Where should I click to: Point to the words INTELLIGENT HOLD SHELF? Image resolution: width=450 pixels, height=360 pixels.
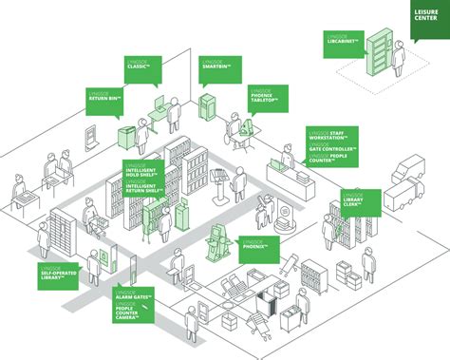145,171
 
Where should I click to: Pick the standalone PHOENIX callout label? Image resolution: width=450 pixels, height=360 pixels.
257,244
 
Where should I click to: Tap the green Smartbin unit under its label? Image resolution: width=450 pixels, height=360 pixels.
206,105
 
